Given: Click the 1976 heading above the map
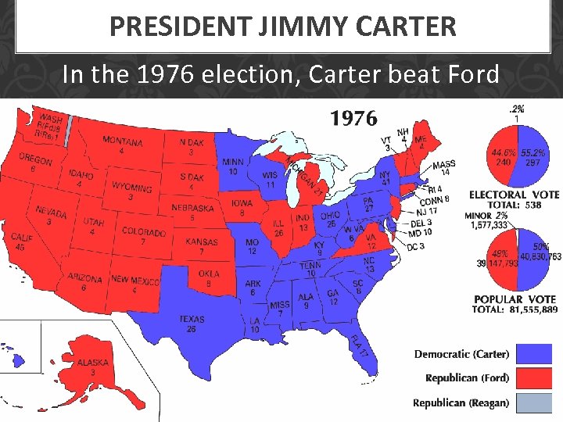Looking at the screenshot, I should click(x=353, y=119).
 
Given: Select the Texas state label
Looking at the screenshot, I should click(x=192, y=320).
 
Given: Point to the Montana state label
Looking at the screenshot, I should click(x=123, y=142).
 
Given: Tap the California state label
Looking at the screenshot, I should click(x=22, y=238).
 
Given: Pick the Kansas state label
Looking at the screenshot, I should click(x=201, y=242).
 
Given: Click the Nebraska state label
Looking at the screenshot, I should click(x=192, y=209).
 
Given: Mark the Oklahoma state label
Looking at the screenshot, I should click(x=209, y=274).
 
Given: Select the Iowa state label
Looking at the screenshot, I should click(x=242, y=203).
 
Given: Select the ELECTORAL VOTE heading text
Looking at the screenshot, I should click(x=514, y=195).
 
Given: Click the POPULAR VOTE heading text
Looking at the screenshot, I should click(x=514, y=299).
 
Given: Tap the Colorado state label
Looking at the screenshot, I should click(x=144, y=232).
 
